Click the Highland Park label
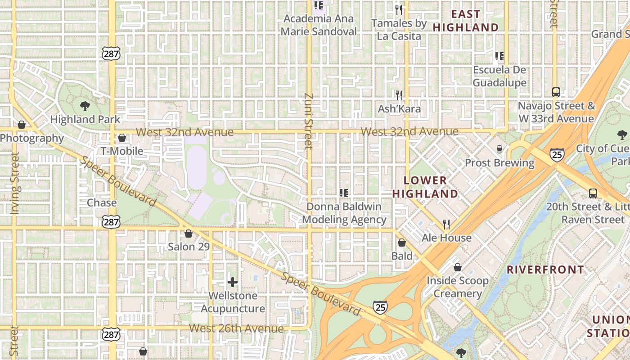[85, 119]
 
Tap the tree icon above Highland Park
[85, 106]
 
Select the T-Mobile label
[121, 151]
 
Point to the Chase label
[102, 202]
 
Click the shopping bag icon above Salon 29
[189, 234]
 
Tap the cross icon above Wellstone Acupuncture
[232, 282]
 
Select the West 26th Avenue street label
[236, 328]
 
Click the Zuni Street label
[308, 121]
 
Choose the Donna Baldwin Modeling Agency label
[344, 213]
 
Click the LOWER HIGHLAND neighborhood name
[425, 187]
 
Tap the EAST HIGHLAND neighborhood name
[466, 21]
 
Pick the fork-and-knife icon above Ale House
[446, 224]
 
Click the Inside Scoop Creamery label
[458, 287]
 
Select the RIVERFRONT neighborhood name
[545, 270]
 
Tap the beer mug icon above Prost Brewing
[499, 149]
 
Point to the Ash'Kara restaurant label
[399, 108]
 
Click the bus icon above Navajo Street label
[556, 92]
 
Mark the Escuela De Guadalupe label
[499, 76]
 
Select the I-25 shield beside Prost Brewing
[557, 155]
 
